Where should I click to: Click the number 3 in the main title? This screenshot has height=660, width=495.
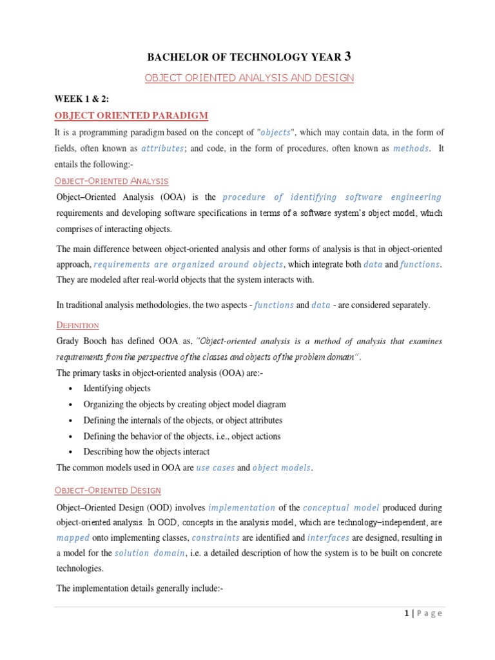[x=348, y=56]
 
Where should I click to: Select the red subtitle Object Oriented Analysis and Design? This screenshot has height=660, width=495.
[x=249, y=78]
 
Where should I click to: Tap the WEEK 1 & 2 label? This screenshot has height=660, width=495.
[x=81, y=99]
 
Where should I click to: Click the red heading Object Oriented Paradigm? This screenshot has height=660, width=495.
[x=131, y=115]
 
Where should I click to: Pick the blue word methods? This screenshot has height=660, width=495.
[x=411, y=148]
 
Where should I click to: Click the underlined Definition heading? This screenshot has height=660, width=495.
[x=77, y=325]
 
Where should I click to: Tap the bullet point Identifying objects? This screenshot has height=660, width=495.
[x=117, y=389]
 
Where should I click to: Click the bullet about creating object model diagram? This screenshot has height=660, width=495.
[x=184, y=405]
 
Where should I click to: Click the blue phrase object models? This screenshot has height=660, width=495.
[x=282, y=468]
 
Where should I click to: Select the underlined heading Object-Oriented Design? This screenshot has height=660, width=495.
[x=108, y=491]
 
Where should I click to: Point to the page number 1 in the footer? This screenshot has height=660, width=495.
[x=407, y=614]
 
